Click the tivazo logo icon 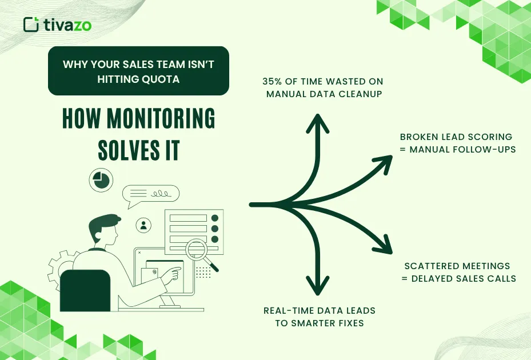[31, 24]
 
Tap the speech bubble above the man [150, 194]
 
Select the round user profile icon [143, 225]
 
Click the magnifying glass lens [198, 250]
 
